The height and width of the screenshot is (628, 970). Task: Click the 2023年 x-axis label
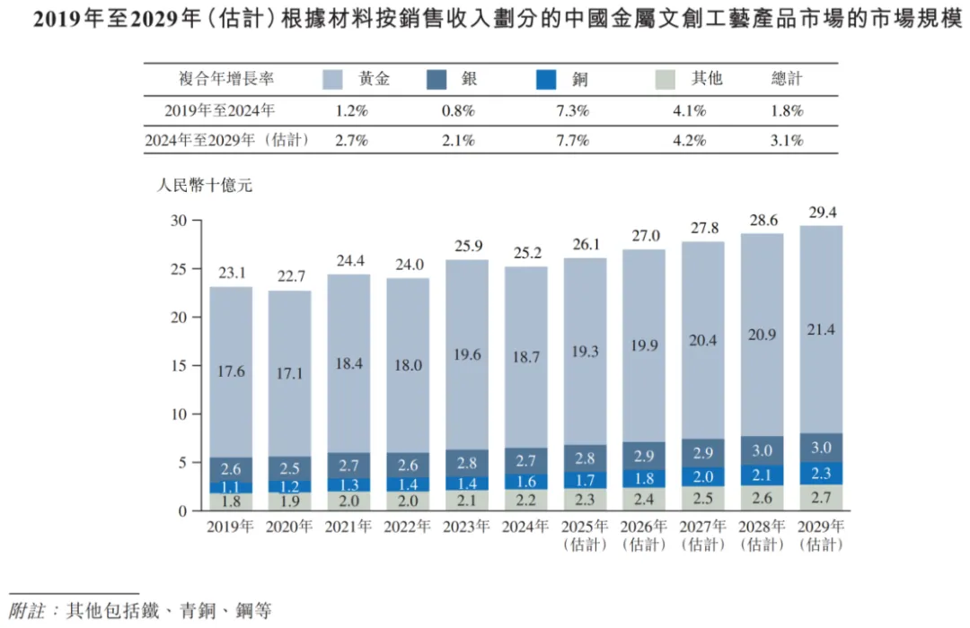pyautogui.click(x=466, y=528)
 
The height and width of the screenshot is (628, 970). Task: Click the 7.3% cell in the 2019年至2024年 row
pyautogui.click(x=572, y=111)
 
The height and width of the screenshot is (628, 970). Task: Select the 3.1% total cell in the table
pyautogui.click(x=787, y=141)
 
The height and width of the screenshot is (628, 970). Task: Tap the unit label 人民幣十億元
pyautogui.click(x=206, y=187)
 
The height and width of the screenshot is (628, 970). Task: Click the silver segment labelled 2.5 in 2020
pyautogui.click(x=290, y=468)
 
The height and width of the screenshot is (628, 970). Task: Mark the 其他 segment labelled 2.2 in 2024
pyautogui.click(x=525, y=500)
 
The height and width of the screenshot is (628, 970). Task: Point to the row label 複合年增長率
pyautogui.click(x=226, y=79)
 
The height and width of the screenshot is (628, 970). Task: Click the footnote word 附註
pyautogui.click(x=28, y=611)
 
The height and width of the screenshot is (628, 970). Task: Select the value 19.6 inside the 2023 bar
pyautogui.click(x=466, y=354)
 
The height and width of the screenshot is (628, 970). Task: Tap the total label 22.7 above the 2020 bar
pyautogui.click(x=290, y=276)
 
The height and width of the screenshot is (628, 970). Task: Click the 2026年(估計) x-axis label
pyautogui.click(x=642, y=536)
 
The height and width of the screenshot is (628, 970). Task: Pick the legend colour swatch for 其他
pyautogui.click(x=669, y=79)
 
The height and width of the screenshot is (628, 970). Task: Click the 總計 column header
pyautogui.click(x=787, y=79)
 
